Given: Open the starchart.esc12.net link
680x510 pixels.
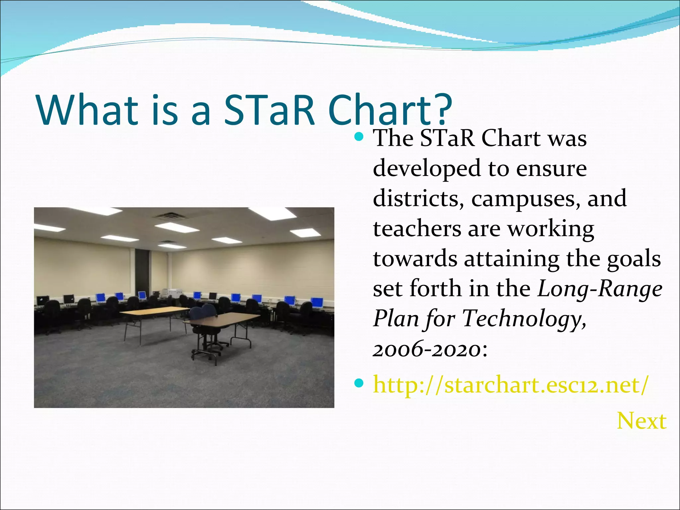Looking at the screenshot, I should tap(510, 385).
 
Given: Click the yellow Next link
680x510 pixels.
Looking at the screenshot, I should tap(641, 421).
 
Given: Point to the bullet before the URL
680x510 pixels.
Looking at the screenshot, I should tap(359, 384).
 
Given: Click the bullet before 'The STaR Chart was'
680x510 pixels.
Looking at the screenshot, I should tap(359, 136).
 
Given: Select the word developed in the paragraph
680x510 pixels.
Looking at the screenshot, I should tap(427, 169).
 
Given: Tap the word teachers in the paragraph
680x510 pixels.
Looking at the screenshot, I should tap(417, 229).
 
